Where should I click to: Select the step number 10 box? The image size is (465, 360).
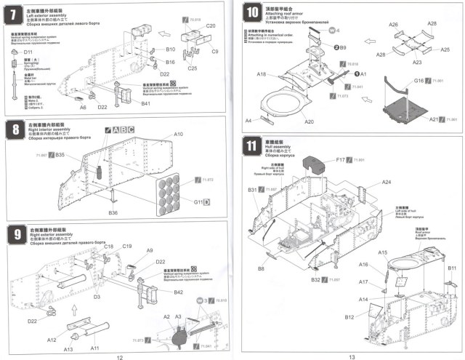click(253, 12)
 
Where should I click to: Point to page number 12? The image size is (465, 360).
click(118, 355)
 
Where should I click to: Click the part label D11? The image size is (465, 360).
click(29, 52)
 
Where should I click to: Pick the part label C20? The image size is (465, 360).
click(211, 25)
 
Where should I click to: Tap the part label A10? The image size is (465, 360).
click(179, 135)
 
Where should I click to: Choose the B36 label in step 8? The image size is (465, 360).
click(113, 212)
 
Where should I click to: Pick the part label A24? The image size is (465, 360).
click(386, 182)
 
